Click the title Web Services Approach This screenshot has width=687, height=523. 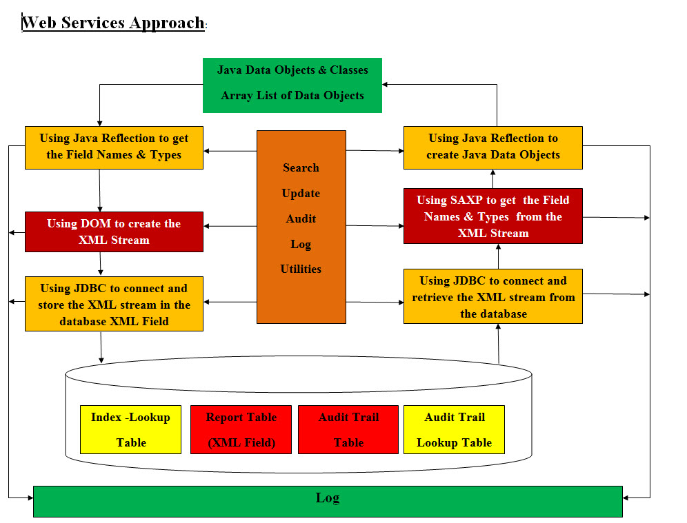click(113, 23)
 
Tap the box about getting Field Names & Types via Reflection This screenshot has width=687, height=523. click(114, 147)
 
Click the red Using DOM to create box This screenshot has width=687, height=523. click(114, 232)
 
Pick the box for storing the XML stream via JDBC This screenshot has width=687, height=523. click(114, 304)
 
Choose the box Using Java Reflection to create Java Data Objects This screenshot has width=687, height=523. click(492, 147)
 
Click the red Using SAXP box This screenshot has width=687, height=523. click(492, 216)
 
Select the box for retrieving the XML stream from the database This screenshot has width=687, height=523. click(492, 296)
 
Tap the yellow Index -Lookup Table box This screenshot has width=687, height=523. click(130, 429)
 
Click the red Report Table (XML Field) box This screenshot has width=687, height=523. click(241, 429)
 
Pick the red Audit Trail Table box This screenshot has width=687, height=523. click(348, 429)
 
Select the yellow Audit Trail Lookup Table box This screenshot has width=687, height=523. click(454, 429)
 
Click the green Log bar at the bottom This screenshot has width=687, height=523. click(328, 501)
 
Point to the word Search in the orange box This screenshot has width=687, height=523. click(301, 167)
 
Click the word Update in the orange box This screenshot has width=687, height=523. click(301, 193)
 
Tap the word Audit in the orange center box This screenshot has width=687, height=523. click(301, 218)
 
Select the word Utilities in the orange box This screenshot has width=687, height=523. click(301, 269)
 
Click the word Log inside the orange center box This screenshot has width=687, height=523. click(301, 244)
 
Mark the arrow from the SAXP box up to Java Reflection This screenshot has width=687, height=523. click(493, 178)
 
